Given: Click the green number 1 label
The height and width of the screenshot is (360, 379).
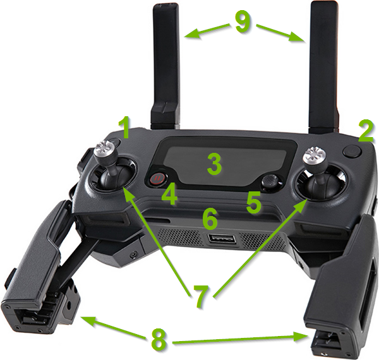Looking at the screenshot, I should (x=126, y=129).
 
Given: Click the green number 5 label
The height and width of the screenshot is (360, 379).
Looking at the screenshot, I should (x=254, y=203).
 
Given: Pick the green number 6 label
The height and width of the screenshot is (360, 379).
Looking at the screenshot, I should (x=210, y=219).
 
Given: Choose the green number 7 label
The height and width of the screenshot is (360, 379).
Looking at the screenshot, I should (x=200, y=296).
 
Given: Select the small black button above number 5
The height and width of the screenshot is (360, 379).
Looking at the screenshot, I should (x=270, y=182).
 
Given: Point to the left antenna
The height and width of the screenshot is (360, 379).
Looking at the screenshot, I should (x=165, y=63).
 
